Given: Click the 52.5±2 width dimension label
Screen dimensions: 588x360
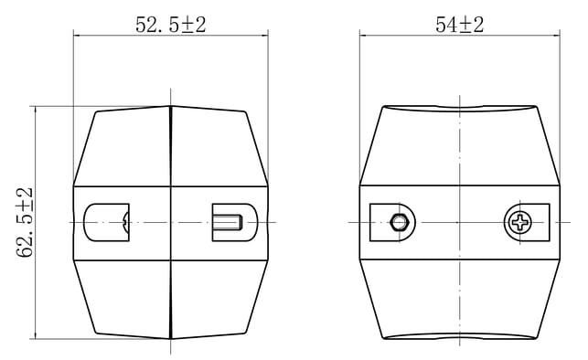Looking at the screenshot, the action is click(x=171, y=25).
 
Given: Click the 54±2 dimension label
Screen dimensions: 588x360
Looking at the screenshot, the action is click(x=459, y=25).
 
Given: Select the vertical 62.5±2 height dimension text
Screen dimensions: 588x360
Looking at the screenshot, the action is click(x=25, y=223).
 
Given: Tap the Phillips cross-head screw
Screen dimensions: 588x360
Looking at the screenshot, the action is click(x=519, y=223).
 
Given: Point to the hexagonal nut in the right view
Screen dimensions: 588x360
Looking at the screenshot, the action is click(x=399, y=223).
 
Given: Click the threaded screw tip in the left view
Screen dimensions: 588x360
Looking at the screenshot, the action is click(x=228, y=223).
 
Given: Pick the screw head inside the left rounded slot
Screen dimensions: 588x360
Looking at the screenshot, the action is click(x=126, y=223).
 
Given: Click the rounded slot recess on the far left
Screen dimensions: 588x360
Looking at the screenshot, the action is click(x=106, y=223).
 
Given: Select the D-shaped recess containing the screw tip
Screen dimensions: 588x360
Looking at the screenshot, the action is click(x=235, y=223).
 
